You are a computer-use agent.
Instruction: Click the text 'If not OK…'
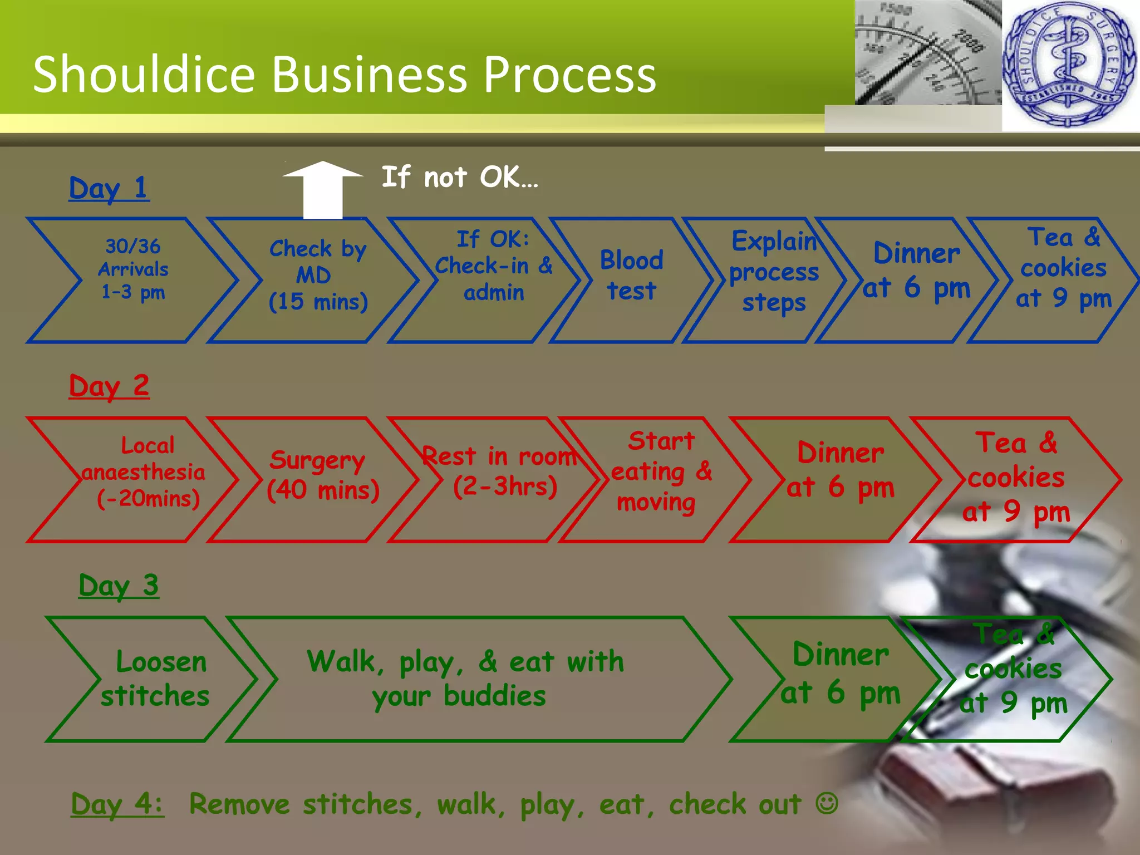[x=460, y=177]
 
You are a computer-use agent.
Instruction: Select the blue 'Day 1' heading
[x=109, y=188]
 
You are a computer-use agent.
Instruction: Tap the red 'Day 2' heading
[x=109, y=386]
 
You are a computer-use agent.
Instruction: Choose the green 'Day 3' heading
[x=119, y=586]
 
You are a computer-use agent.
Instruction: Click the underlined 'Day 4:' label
[x=117, y=804]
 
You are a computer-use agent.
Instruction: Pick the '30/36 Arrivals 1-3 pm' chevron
[x=134, y=269]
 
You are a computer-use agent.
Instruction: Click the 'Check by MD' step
[x=317, y=276]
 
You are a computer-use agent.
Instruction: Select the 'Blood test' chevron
[x=631, y=276]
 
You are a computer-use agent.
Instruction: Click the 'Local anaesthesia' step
[x=145, y=472]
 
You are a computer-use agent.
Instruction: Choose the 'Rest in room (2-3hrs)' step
[x=501, y=472]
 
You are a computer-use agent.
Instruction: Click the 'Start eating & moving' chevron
[x=660, y=472]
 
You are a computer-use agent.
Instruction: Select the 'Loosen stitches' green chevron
[x=156, y=679]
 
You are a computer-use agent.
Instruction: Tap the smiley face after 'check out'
[x=827, y=803]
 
